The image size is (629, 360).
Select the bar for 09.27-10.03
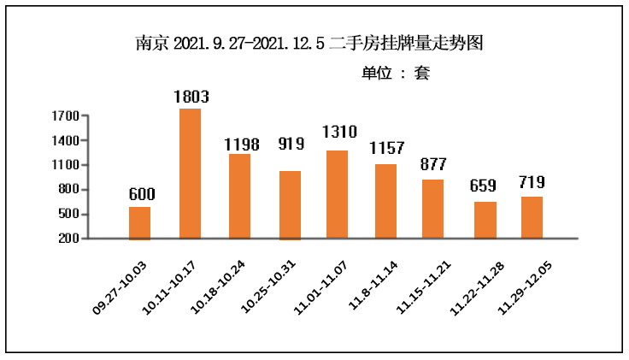click(139, 222)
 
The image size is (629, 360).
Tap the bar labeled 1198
click(238, 196)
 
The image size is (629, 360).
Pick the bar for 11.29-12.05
click(532, 217)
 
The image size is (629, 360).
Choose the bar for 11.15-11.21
click(432, 209)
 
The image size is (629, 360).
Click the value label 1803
click(191, 97)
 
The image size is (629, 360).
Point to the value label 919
click(291, 143)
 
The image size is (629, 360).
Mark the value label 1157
click(386, 148)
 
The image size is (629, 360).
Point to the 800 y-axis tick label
click(70, 189)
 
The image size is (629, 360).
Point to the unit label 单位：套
click(396, 74)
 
